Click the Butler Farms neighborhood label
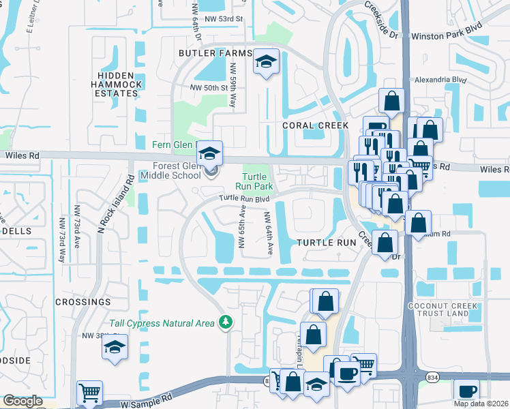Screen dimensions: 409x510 click(206, 52)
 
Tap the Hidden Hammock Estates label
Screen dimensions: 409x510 click(119, 84)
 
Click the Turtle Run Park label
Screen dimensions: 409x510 click(254, 180)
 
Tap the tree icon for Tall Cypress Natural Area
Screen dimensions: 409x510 click(225, 322)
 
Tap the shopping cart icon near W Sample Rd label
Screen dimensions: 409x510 click(90, 392)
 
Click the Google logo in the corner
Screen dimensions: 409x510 click(22, 401)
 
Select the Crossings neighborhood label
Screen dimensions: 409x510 click(82, 301)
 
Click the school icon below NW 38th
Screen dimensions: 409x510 click(115, 347)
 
